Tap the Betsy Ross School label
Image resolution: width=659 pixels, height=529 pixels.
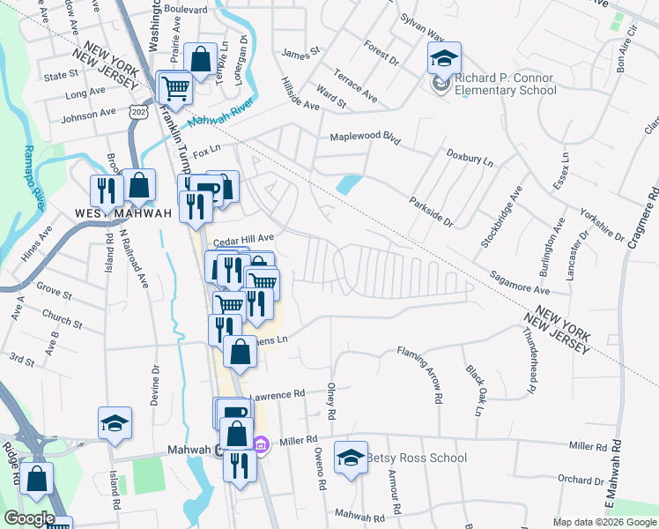(x=416, y=458)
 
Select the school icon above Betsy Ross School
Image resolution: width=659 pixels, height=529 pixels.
(x=352, y=458)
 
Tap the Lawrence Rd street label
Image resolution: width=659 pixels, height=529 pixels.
(x=277, y=393)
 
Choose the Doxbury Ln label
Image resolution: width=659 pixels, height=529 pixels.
(x=469, y=157)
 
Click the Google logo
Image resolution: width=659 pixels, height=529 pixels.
(x=28, y=518)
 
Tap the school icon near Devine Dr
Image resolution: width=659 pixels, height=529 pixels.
(x=115, y=423)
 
